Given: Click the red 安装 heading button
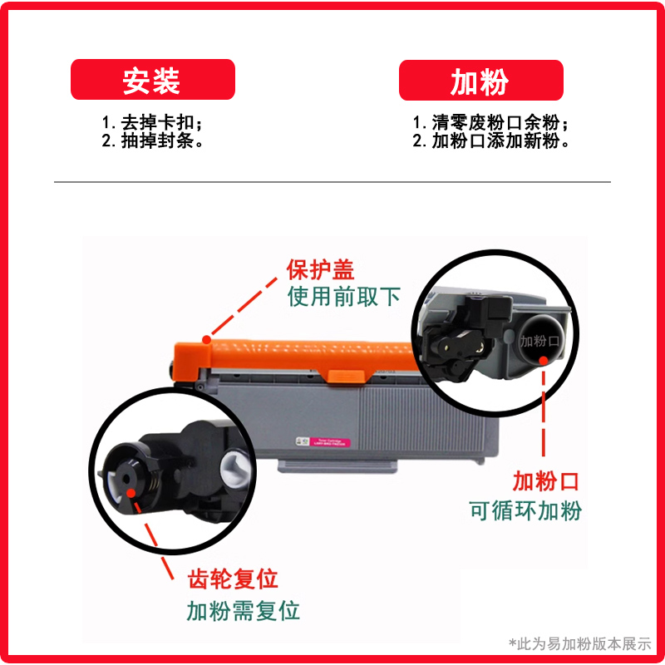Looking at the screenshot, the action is pos(152,81).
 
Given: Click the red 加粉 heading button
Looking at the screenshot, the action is pos(480,81).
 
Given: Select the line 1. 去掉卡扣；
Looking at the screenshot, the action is pos(152,121).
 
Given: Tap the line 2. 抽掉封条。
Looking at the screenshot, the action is pos(153,141).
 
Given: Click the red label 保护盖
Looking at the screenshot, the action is pos(320,270).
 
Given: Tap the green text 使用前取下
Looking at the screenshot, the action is pos(344,297).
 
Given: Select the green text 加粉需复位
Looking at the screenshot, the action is pos(243,611).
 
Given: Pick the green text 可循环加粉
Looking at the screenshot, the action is pos(526,510).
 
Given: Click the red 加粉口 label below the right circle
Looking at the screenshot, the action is pos(544,480).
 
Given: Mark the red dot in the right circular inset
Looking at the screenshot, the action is pos(544,359).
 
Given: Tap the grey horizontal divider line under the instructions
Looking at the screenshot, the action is pos(332,181).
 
